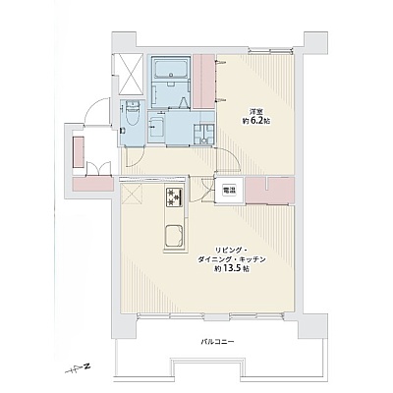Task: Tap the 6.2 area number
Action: click(257, 121)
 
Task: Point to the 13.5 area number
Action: click(235, 269)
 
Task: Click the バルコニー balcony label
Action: click(217, 342)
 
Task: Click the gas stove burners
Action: click(174, 197)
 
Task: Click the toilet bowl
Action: click(133, 114)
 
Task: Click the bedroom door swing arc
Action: click(230, 158)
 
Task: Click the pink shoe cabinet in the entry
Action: click(79, 151)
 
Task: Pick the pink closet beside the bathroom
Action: click(203, 81)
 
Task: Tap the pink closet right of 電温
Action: click(270, 191)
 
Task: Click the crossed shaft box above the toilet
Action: click(131, 74)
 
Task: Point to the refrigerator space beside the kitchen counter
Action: click(131, 194)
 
